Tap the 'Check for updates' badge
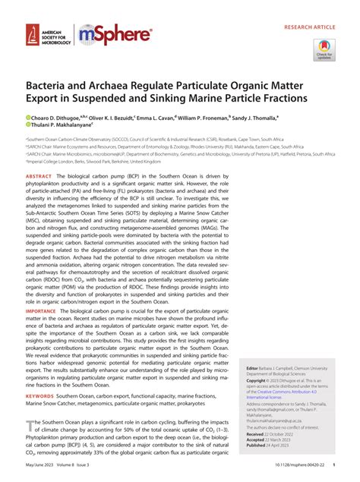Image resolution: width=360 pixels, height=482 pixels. click(x=324, y=52)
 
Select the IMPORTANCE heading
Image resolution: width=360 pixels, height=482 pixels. click(x=45, y=311)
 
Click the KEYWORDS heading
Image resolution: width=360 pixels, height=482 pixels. click(x=43, y=395)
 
